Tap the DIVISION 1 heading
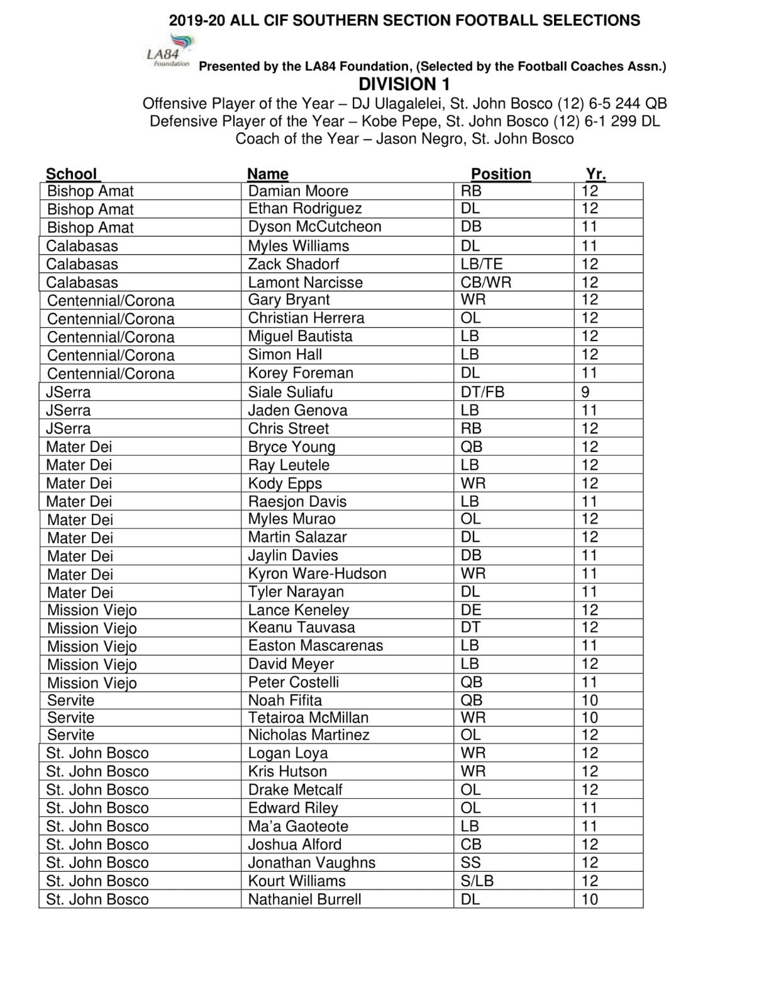pyautogui.click(x=404, y=84)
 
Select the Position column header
pyautogui.click(x=501, y=174)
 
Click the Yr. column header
pyautogui.click(x=595, y=174)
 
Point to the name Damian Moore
pyautogui.click(x=298, y=191)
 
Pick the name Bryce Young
pyautogui.click(x=291, y=447)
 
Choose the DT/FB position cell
pyautogui.click(x=482, y=392)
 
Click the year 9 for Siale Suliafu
pyautogui.click(x=585, y=392)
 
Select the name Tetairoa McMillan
pyautogui.click(x=308, y=718)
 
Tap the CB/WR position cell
pyautogui.click(x=485, y=283)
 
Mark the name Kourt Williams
pyautogui.click(x=297, y=881)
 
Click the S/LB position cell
pyautogui.click(x=477, y=881)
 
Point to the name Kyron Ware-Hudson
pyautogui.click(x=317, y=573)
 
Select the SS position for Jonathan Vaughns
pyautogui.click(x=470, y=863)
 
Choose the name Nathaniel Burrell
pyautogui.click(x=304, y=899)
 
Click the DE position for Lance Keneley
pyautogui.click(x=471, y=610)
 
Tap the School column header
pyautogui.click(x=72, y=174)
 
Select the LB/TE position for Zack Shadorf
pyautogui.click(x=481, y=264)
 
